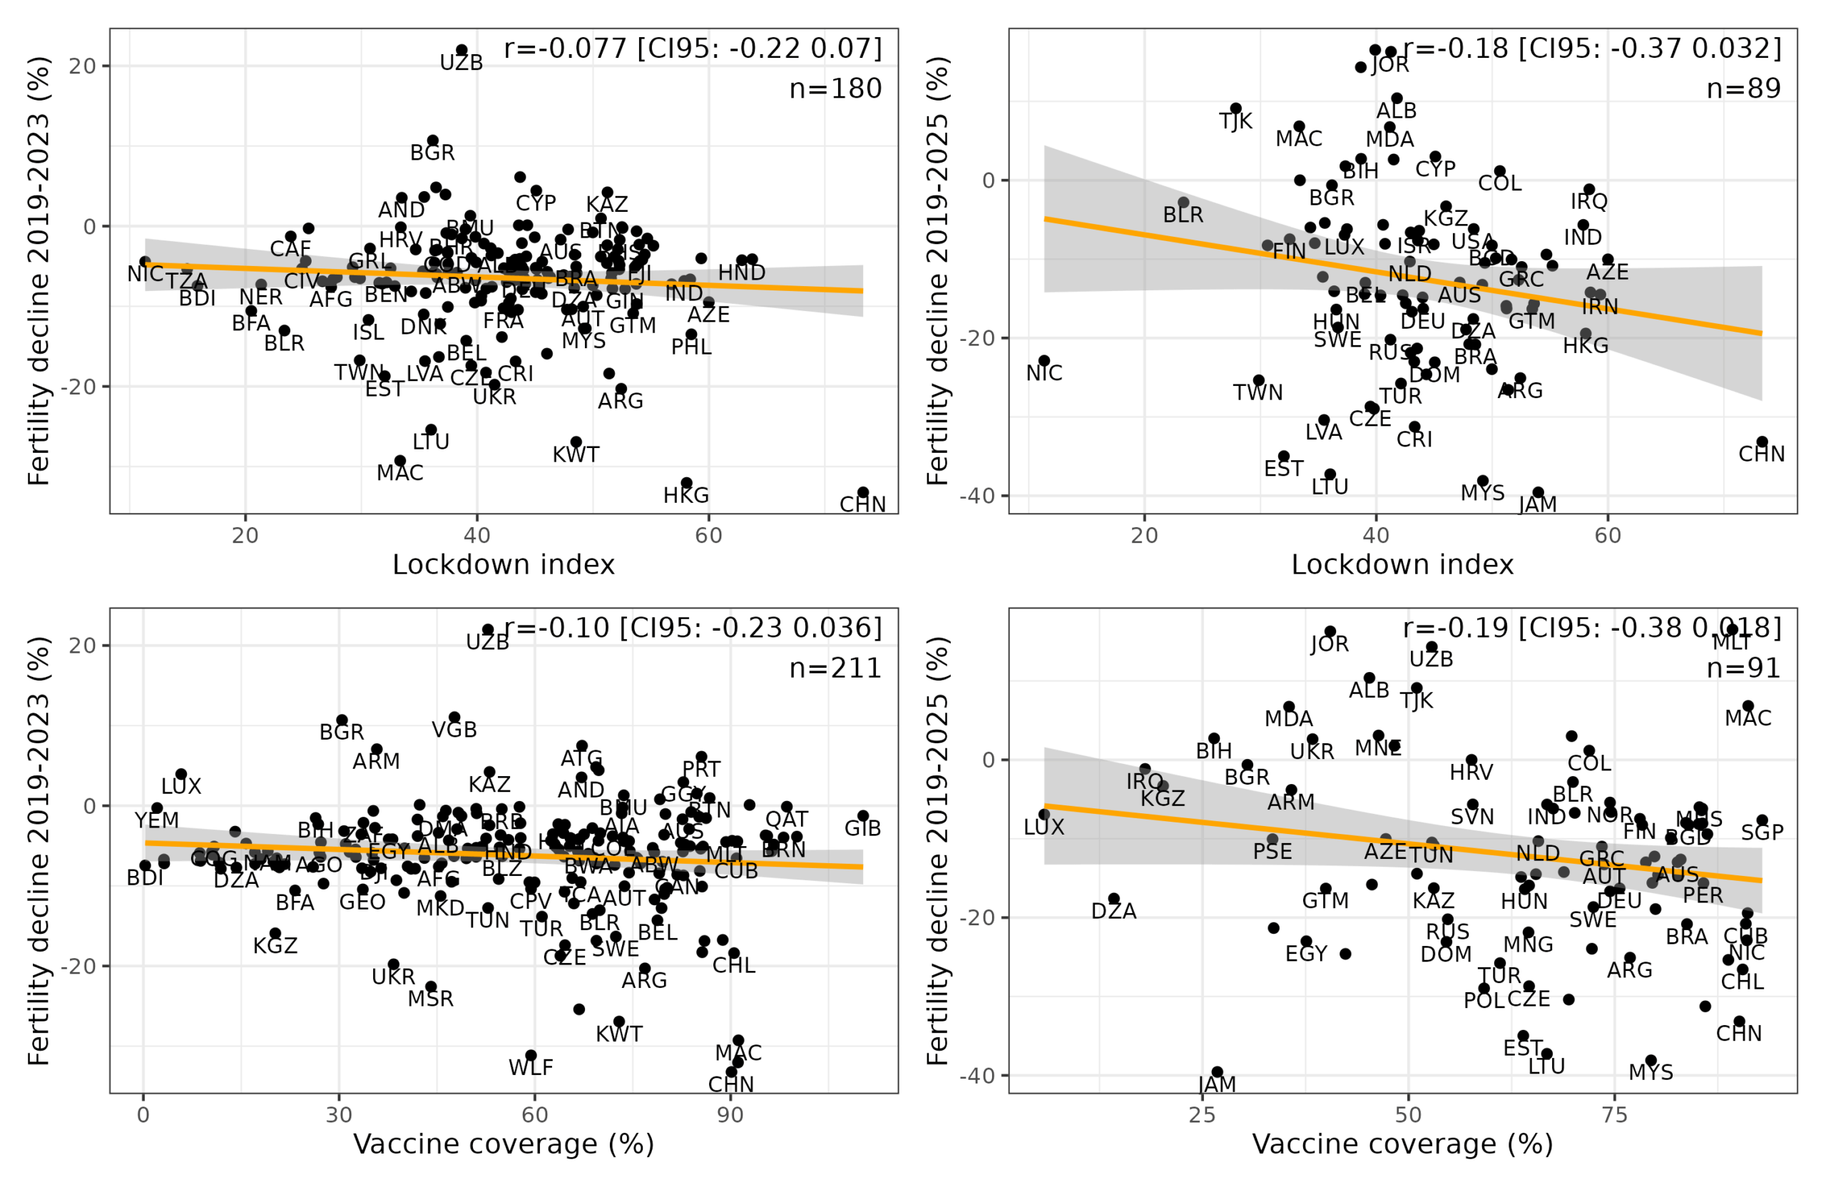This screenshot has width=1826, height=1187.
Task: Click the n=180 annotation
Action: tap(835, 89)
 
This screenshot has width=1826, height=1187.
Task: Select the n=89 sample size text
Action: tap(1743, 89)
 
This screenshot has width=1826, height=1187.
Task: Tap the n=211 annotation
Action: tap(835, 668)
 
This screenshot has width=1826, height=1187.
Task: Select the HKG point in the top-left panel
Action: tap(687, 484)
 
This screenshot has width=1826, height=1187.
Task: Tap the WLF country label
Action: tap(531, 1067)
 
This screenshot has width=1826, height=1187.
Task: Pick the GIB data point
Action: tap(863, 816)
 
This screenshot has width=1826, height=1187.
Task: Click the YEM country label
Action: tap(158, 821)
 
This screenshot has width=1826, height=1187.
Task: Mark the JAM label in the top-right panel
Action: tap(1539, 505)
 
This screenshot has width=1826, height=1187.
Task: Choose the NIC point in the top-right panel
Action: tap(1044, 361)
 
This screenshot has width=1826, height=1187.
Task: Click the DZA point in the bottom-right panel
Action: tap(1114, 900)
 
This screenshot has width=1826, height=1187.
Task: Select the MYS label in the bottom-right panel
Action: tap(1651, 1073)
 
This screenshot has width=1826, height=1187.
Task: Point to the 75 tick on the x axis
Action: tap(1615, 1115)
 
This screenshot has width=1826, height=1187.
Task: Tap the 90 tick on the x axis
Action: tap(730, 1115)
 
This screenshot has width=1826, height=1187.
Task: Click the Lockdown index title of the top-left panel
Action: tap(504, 566)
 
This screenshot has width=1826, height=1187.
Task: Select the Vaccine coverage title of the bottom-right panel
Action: tap(1402, 1145)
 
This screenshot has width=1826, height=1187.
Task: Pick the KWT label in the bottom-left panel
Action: tap(619, 1034)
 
